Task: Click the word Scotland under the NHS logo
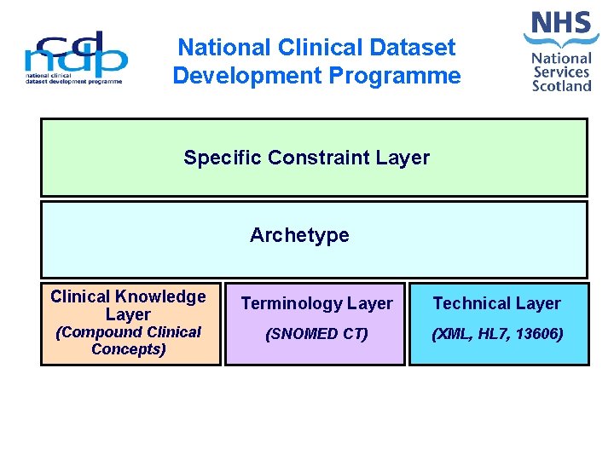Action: tap(562, 86)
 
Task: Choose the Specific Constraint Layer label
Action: tap(306, 158)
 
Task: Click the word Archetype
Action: tap(299, 235)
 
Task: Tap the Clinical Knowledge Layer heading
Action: tap(128, 305)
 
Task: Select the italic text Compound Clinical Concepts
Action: tap(128, 341)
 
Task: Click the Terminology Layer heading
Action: tap(316, 303)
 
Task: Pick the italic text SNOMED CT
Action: tap(316, 334)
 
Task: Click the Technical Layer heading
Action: tap(496, 303)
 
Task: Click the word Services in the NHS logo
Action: tap(562, 72)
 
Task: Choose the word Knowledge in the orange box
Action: tap(162, 296)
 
